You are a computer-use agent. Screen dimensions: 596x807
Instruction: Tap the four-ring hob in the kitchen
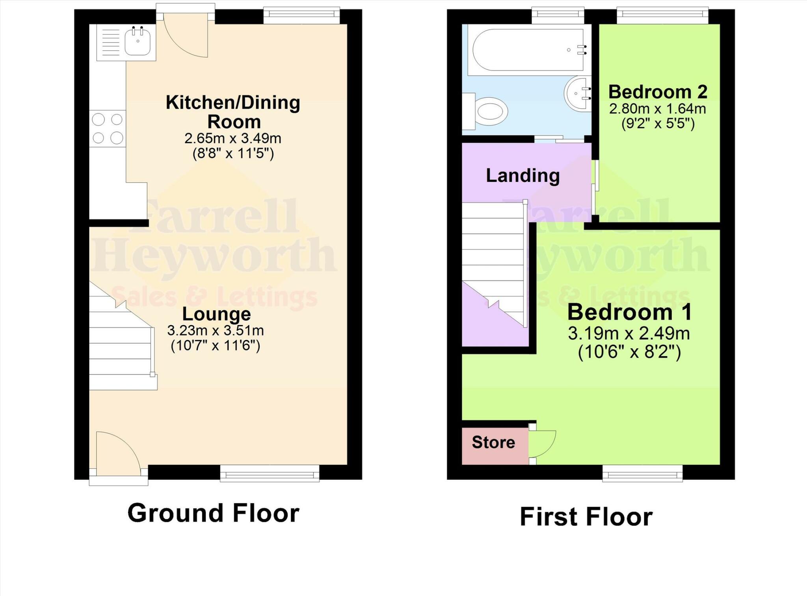click(108, 128)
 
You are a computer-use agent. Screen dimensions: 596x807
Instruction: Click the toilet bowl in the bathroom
click(491, 111)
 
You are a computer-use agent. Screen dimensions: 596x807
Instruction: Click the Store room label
click(493, 442)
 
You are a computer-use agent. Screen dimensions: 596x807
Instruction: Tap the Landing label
click(523, 176)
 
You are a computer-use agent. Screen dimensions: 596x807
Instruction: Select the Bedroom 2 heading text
click(658, 92)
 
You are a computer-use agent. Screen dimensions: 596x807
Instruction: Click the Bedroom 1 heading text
click(629, 312)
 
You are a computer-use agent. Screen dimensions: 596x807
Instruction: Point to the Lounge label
click(216, 314)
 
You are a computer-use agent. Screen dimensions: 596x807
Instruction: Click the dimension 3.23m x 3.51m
click(216, 330)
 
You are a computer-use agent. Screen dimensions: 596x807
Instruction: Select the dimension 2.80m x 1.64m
click(657, 109)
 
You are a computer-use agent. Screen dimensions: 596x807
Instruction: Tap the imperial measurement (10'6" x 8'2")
click(629, 352)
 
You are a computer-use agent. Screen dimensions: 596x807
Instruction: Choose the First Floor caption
click(586, 516)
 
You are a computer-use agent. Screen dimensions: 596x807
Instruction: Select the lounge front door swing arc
click(116, 451)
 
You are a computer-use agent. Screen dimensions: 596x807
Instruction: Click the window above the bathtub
click(558, 15)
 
